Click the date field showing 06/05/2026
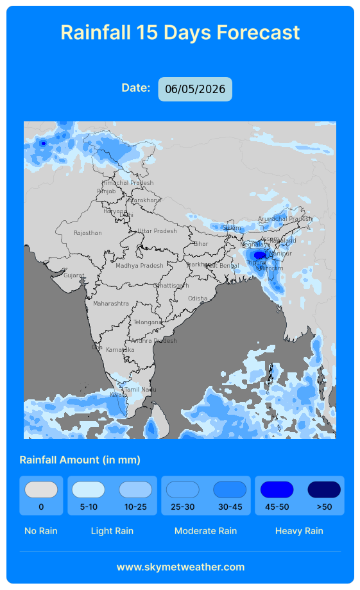(195, 89)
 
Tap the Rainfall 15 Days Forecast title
(180, 32)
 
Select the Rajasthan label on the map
(87, 233)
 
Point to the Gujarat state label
(74, 275)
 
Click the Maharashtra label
(111, 303)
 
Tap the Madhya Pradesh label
(139, 266)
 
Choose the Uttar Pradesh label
(157, 231)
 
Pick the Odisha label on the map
(198, 299)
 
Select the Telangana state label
(148, 322)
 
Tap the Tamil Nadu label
(140, 390)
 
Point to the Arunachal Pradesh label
(285, 219)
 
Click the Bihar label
(201, 244)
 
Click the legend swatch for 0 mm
(41, 490)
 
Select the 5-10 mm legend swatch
(89, 490)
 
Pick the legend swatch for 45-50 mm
(277, 490)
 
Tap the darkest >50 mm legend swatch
(324, 490)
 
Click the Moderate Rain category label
(205, 531)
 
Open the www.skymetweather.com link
(180, 567)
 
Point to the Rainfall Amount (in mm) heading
(80, 460)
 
